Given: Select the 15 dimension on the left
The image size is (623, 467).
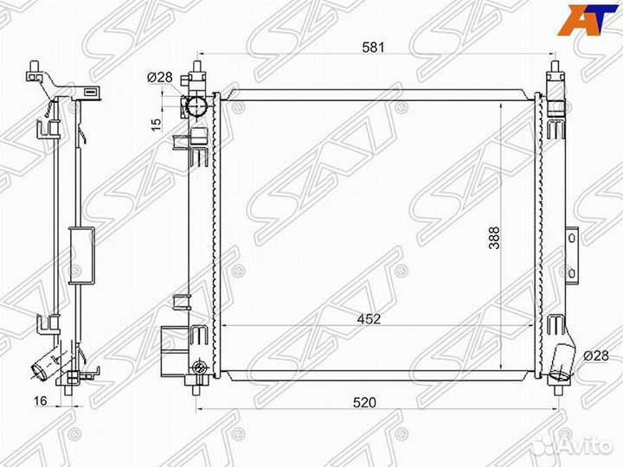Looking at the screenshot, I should [x=157, y=124].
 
